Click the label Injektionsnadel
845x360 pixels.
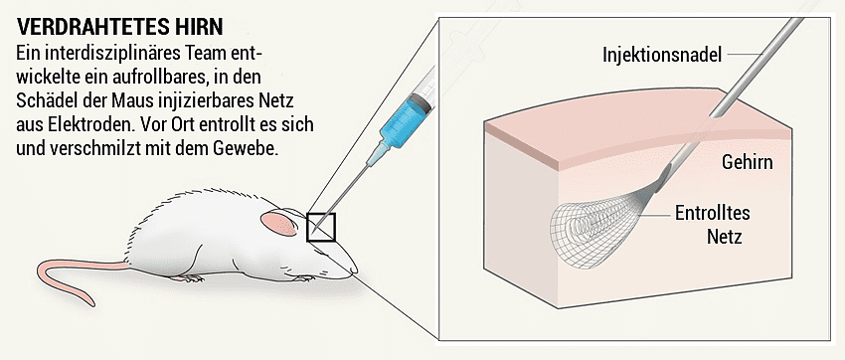pos(662,55)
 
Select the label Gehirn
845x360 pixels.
pos(747,162)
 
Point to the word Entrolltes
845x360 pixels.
pos(712,213)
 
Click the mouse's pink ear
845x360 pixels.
pos(278,223)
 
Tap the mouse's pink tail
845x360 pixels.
pos(81,275)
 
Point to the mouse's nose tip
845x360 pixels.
pos(355,270)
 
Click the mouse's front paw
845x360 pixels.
pos(303,278)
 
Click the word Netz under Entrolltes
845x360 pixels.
pos(725,236)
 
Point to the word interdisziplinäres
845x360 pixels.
pos(114,55)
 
